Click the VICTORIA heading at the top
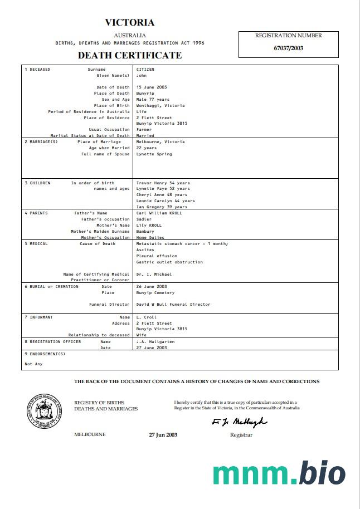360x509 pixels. pyautogui.click(x=130, y=23)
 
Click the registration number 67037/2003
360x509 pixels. pyautogui.click(x=288, y=48)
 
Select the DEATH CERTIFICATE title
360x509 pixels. pyautogui.click(x=130, y=55)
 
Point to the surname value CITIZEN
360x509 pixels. pyautogui.click(x=145, y=70)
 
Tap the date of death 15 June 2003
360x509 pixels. pyautogui.click(x=152, y=87)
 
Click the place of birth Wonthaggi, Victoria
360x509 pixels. pyautogui.click(x=160, y=106)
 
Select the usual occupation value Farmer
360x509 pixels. pyautogui.click(x=144, y=130)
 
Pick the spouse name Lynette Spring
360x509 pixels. pyautogui.click(x=154, y=154)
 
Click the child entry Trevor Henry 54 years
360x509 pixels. pyautogui.click(x=163, y=183)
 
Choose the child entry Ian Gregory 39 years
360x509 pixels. pyautogui.click(x=162, y=207)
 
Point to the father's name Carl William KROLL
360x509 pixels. pyautogui.click(x=159, y=213)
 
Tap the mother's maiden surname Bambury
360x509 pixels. pyautogui.click(x=145, y=232)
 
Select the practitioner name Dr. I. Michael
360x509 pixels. pyautogui.click(x=154, y=274)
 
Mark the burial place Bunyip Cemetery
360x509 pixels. pyautogui.click(x=155, y=293)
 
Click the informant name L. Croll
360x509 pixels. pyautogui.click(x=146, y=317)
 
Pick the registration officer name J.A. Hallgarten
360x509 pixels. pyautogui.click(x=155, y=342)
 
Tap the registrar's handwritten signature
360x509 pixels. pyautogui.click(x=239, y=422)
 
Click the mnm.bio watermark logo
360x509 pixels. pyautogui.click(x=279, y=473)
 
